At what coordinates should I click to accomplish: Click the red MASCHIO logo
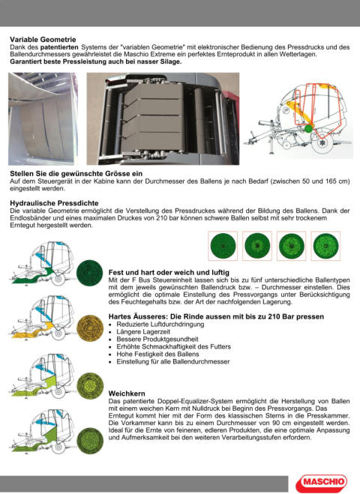click(321, 483)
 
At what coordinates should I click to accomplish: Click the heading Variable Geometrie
click(43, 40)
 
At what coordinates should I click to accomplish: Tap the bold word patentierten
click(59, 47)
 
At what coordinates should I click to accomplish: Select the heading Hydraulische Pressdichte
click(54, 203)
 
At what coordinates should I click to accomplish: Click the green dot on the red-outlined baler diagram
click(308, 128)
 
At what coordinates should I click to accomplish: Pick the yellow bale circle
click(90, 328)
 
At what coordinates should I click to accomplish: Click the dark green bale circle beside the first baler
click(89, 273)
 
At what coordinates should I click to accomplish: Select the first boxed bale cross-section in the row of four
click(223, 246)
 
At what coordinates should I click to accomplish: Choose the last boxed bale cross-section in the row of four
click(325, 246)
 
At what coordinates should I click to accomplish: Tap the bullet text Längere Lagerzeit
click(143, 332)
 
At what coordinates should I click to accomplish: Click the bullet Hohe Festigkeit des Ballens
click(157, 354)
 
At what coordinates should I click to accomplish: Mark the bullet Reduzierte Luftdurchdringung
click(160, 324)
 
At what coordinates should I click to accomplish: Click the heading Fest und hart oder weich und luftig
click(169, 273)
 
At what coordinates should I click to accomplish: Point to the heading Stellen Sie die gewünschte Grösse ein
click(76, 174)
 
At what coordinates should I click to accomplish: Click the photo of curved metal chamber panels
click(43, 118)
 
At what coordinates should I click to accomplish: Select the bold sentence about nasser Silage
click(96, 61)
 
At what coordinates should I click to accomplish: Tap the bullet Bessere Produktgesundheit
click(157, 340)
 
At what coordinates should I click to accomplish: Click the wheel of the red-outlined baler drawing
click(322, 144)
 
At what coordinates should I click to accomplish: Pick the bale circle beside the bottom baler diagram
click(90, 441)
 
